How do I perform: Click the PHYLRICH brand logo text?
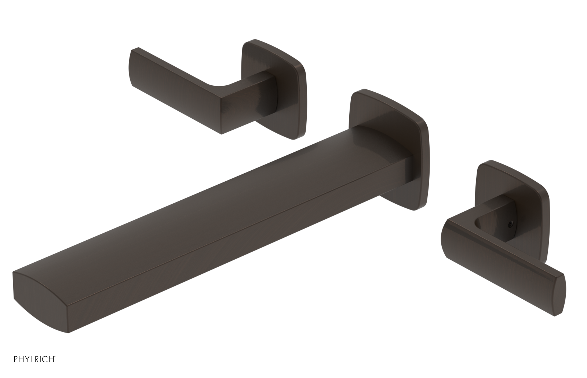[28, 368]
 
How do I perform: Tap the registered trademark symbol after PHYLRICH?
[55, 366]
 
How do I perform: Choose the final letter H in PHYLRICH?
[51, 368]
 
